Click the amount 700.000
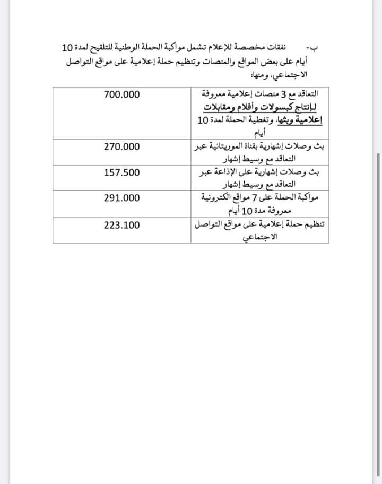[x=121, y=95]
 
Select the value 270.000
[x=121, y=147]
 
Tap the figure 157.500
[x=121, y=173]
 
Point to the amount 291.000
[x=121, y=198]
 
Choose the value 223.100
[x=121, y=224]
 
